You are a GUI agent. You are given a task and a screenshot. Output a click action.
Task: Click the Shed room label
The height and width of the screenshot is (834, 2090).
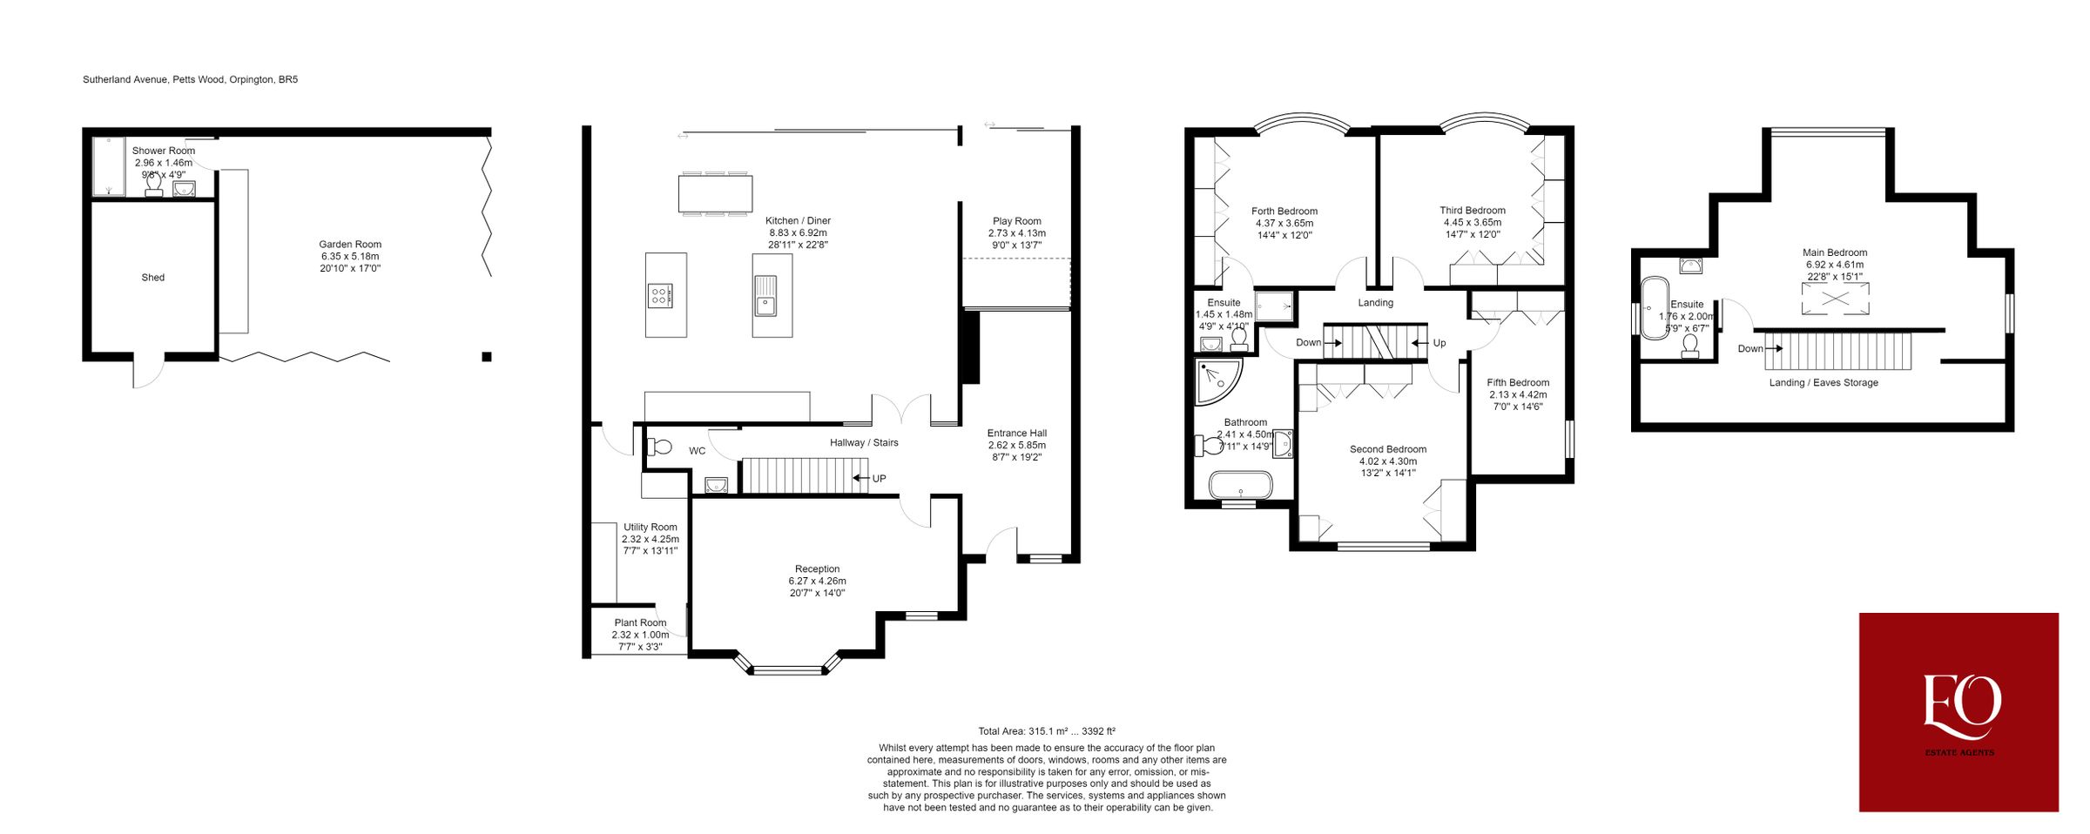[x=152, y=278]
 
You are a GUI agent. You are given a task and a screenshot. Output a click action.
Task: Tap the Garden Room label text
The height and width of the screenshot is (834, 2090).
[x=350, y=245]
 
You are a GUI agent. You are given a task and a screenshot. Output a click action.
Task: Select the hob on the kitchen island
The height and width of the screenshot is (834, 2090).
[x=659, y=296]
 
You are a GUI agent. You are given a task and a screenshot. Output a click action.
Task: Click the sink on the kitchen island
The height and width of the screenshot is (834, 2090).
[x=765, y=296]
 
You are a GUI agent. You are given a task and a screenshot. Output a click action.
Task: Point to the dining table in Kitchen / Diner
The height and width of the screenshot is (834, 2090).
[x=715, y=193]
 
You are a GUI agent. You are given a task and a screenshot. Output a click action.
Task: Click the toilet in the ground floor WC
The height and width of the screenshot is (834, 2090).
[x=661, y=447]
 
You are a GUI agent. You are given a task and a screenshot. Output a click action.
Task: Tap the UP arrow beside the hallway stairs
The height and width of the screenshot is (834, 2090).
[x=860, y=478]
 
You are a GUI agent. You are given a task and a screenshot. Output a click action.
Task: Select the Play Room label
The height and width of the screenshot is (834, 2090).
[x=1016, y=221]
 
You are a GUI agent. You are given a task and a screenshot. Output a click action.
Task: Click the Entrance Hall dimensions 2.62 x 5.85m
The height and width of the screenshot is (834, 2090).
[x=1016, y=445]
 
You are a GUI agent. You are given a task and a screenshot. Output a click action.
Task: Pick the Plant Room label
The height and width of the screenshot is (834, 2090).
[x=640, y=622]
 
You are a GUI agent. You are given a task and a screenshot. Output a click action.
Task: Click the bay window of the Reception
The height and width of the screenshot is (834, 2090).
[x=787, y=669]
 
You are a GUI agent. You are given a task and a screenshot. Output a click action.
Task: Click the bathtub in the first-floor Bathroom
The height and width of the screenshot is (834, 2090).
[x=1240, y=484]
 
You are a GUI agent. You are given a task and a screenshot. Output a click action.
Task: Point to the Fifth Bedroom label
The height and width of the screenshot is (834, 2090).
[x=1518, y=382]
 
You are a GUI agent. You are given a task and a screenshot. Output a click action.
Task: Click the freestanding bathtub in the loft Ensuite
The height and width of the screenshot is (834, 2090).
[x=1654, y=307]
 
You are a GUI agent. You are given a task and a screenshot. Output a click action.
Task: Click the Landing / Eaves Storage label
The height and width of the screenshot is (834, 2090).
[x=1824, y=383]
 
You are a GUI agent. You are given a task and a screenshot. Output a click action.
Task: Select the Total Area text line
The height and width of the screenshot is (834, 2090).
[x=1046, y=731]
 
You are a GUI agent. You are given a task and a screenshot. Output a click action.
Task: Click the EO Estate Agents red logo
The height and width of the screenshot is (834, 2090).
[x=1959, y=712]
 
